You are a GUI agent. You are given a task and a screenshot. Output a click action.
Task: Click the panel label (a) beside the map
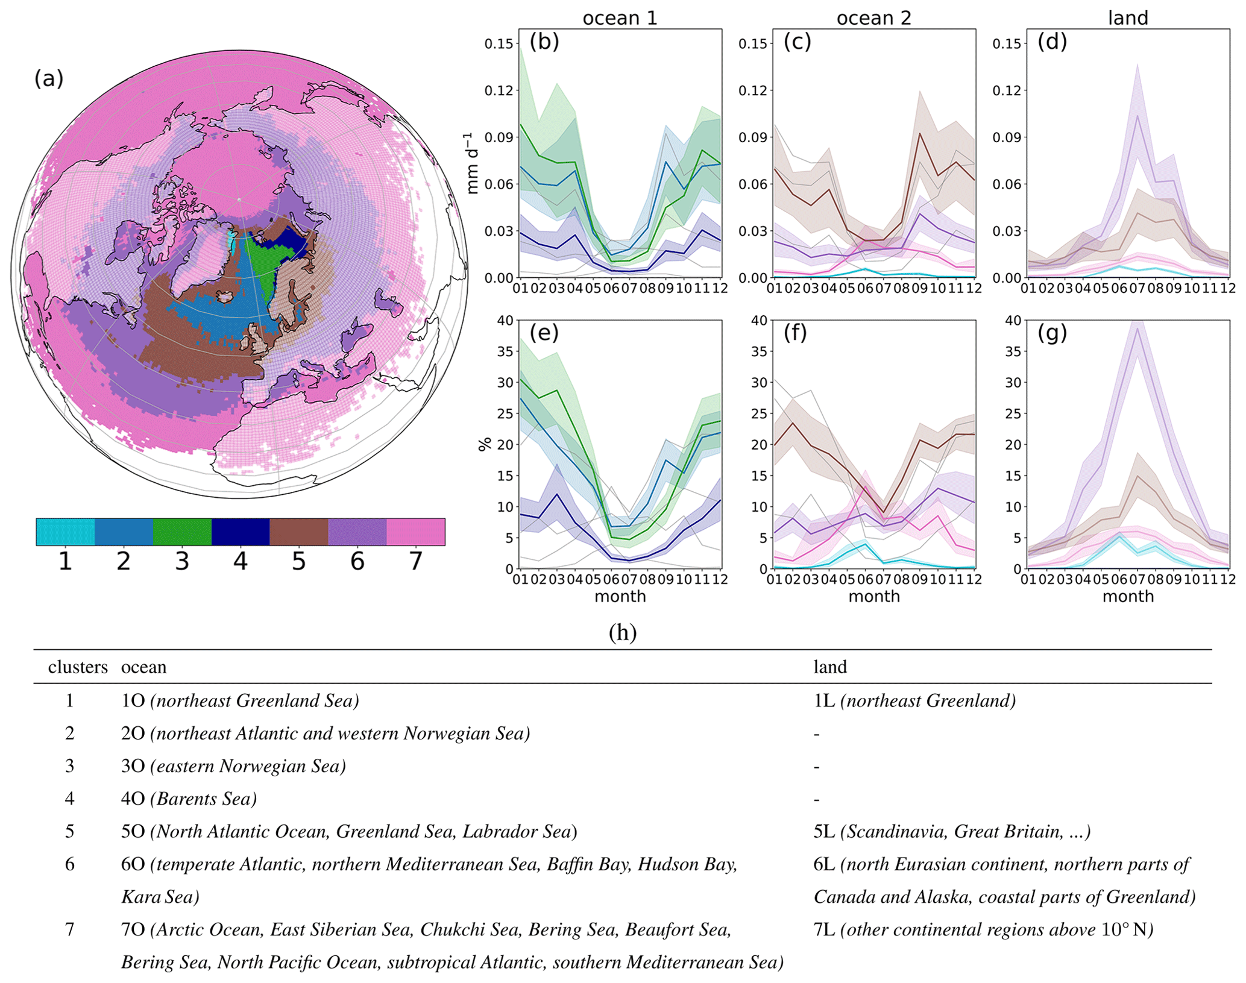coord(49,79)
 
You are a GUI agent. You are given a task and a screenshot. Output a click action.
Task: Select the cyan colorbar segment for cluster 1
coord(65,532)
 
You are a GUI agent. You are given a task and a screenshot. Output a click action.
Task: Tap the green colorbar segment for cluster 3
coord(182,532)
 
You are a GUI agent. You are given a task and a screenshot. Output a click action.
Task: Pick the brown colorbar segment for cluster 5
coord(299,532)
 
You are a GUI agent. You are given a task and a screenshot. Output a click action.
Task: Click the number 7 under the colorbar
coord(416,562)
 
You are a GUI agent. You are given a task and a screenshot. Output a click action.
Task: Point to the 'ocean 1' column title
coord(620,18)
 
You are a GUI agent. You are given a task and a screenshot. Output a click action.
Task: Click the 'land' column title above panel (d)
coord(1128,18)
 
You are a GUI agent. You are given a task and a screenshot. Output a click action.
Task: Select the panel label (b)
coord(544,42)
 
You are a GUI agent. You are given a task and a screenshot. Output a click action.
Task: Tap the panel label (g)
coord(1052,333)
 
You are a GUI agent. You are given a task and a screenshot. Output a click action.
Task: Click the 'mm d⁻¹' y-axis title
coord(473,163)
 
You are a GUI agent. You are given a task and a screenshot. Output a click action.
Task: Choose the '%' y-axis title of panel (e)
coord(484,445)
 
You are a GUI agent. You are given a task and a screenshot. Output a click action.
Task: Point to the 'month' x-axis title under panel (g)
coord(1128,597)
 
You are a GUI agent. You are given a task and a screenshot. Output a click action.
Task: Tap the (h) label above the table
coord(623,632)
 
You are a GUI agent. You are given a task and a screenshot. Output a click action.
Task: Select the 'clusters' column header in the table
coord(78,667)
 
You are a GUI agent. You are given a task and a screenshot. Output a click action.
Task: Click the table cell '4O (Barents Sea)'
coord(189,799)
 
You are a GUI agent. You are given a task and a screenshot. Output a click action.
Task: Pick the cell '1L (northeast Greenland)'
coord(914,700)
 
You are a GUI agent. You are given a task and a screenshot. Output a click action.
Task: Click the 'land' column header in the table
coord(830,667)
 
